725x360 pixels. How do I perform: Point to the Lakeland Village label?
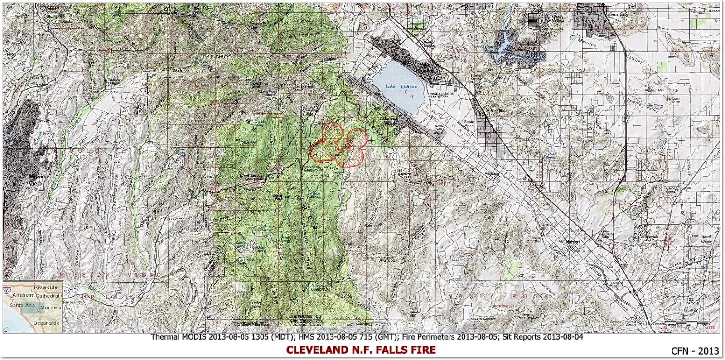point(389,120)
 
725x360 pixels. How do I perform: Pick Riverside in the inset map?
point(46,287)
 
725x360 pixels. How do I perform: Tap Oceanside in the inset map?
point(47,323)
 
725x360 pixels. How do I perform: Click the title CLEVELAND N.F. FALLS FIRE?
point(361,350)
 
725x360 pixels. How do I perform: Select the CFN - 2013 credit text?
point(695,350)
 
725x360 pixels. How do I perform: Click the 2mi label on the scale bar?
point(710,327)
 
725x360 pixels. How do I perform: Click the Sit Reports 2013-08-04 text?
point(543,337)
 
